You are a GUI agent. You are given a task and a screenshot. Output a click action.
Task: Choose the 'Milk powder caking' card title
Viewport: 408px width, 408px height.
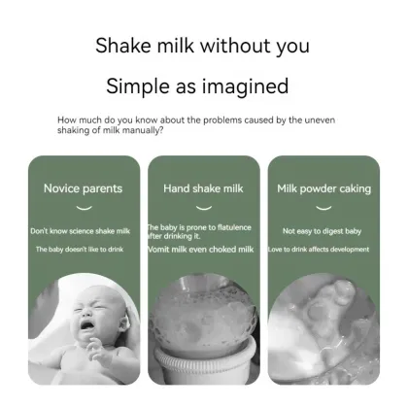324,188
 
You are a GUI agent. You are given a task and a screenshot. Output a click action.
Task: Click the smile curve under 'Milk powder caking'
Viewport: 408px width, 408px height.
324,207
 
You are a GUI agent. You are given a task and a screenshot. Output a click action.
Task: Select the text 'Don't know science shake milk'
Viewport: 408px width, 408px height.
80,231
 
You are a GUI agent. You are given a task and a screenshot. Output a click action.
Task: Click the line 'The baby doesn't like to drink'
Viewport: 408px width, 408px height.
80,250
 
